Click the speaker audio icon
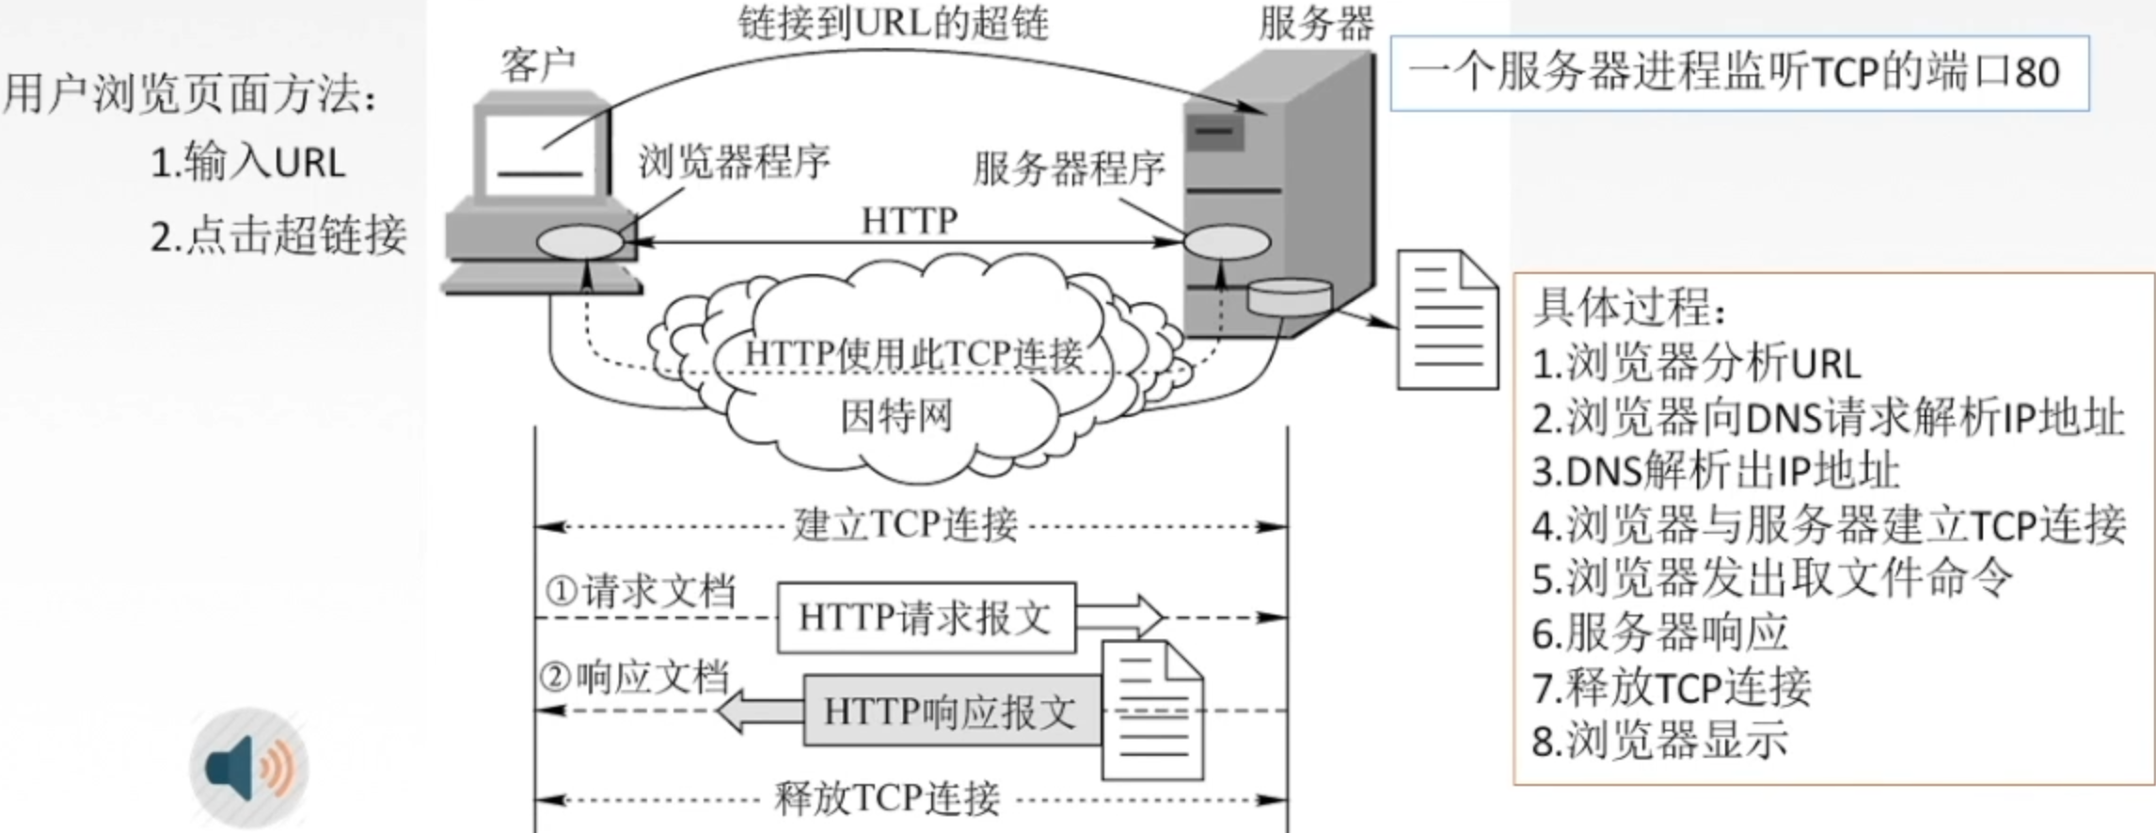pyautogui.click(x=249, y=767)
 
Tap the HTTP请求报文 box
pyautogui.click(x=926, y=617)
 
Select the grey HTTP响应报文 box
pyautogui.click(x=951, y=712)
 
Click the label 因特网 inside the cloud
pyautogui.click(x=896, y=415)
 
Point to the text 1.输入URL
pyautogui.click(x=248, y=162)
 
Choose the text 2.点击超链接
pyautogui.click(x=278, y=235)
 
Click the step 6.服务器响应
pyautogui.click(x=1660, y=633)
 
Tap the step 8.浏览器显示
pyautogui.click(x=1660, y=741)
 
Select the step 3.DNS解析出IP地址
pyautogui.click(x=1716, y=472)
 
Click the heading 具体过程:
pyautogui.click(x=1631, y=306)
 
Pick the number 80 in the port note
pyautogui.click(x=2037, y=72)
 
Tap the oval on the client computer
pyautogui.click(x=579, y=242)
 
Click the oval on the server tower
pyautogui.click(x=1227, y=242)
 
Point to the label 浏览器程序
pyautogui.click(x=735, y=162)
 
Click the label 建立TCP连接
pyautogui.click(x=905, y=525)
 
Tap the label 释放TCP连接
pyautogui.click(x=886, y=799)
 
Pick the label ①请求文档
pyautogui.click(x=641, y=591)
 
